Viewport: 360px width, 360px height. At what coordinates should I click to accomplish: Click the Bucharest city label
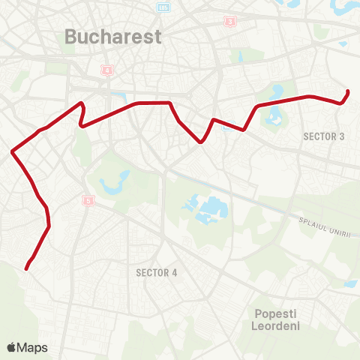coord(113,36)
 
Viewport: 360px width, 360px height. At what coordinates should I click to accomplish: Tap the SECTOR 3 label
coord(324,136)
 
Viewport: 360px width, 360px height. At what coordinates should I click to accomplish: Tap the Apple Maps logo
coord(27,347)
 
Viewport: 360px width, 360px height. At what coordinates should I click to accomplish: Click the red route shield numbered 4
coord(107,71)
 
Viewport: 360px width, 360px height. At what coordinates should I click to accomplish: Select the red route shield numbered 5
coord(90,201)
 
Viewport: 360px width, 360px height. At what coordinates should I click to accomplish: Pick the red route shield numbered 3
coord(228,22)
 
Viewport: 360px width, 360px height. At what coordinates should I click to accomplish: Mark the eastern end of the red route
coord(349,91)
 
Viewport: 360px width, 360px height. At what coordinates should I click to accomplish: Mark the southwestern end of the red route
coord(26,268)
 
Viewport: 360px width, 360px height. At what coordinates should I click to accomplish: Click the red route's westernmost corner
coord(13,152)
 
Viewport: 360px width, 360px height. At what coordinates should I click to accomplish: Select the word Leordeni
coord(276,328)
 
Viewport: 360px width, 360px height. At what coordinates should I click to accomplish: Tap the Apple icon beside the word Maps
coord(11,346)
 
